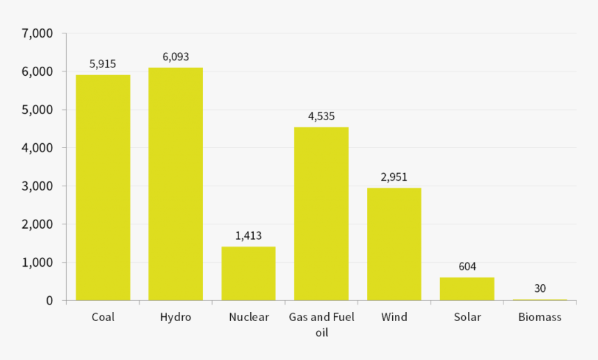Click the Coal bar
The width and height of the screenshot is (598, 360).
(103, 188)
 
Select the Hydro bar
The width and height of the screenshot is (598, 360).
(175, 184)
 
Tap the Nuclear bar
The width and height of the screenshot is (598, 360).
(248, 274)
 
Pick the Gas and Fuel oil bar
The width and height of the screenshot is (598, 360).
(321, 214)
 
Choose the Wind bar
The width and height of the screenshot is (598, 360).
(394, 244)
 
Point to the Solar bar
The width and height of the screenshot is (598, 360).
(467, 289)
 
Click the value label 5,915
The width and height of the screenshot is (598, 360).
(103, 64)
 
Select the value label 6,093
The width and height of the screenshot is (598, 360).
(175, 57)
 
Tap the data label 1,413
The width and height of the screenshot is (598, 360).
(248, 236)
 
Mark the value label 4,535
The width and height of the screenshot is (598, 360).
(321, 116)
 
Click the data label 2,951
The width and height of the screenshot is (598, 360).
(394, 177)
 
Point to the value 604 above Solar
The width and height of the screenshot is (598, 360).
(467, 267)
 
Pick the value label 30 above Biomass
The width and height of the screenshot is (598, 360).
(540, 288)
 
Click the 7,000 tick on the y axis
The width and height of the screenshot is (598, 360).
(38, 33)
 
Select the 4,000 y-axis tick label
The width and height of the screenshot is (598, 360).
(38, 148)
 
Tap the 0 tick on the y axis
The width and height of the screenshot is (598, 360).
(49, 301)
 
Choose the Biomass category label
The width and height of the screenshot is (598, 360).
(540, 318)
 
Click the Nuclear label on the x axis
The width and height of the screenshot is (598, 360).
(248, 318)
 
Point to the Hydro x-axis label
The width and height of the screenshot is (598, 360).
(175, 318)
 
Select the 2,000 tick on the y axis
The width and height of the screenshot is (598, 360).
(38, 224)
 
